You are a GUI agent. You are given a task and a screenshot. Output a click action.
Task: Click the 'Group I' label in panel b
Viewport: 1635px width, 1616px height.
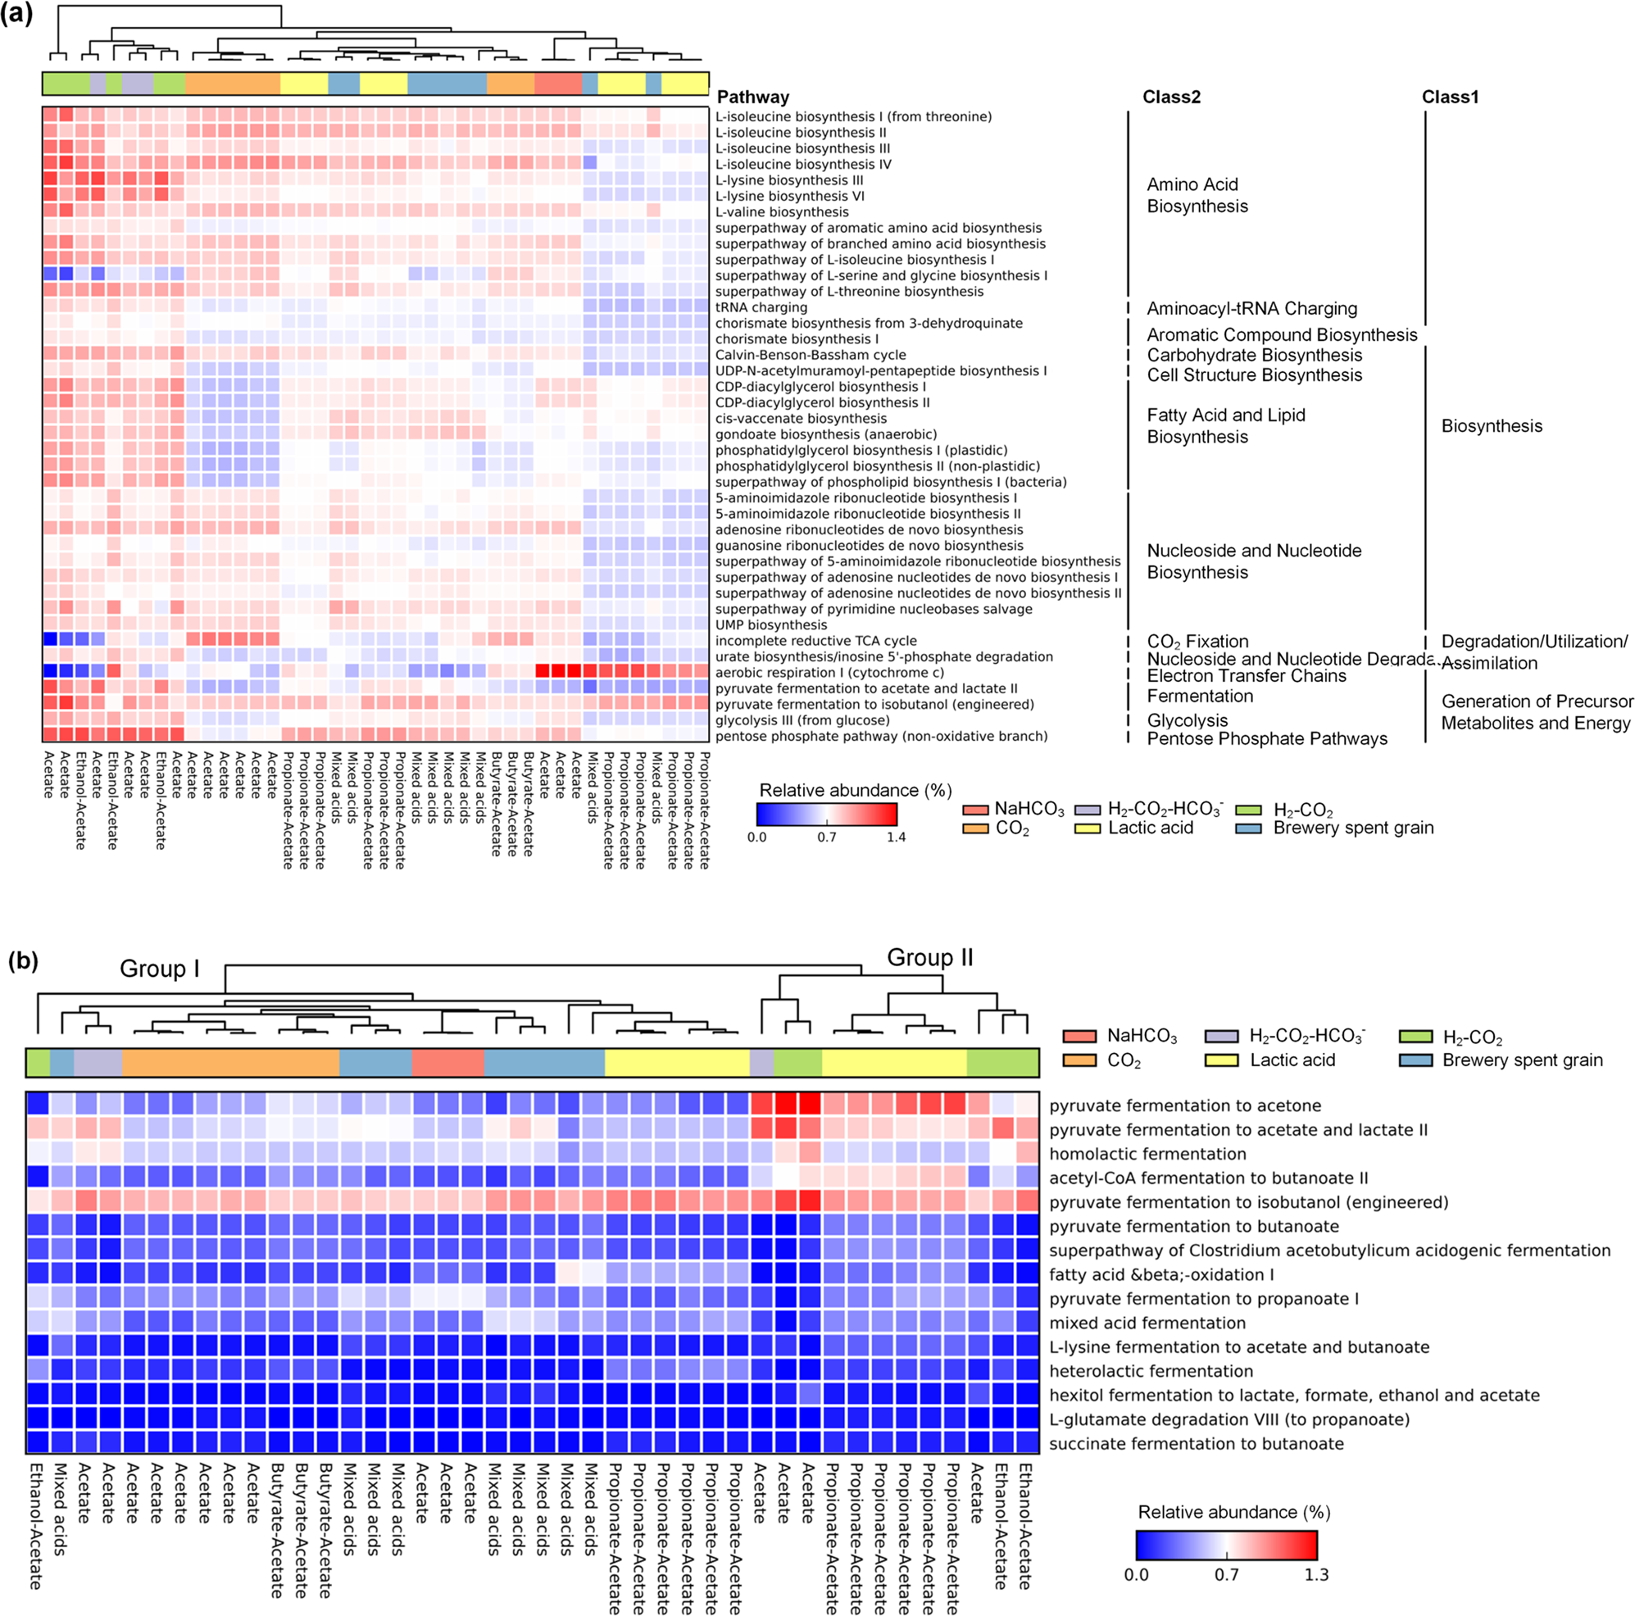point(159,969)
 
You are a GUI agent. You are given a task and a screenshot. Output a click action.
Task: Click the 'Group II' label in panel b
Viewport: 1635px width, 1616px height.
point(929,958)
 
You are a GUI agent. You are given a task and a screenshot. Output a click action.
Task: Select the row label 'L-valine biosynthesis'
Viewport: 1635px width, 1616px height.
point(781,212)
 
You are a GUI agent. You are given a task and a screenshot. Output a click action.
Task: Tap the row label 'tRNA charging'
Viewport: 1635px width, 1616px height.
point(761,308)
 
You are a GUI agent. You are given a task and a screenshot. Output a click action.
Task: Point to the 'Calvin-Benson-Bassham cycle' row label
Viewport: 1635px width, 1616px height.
point(810,356)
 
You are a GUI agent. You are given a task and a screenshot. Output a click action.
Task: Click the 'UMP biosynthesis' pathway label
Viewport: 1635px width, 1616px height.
point(771,625)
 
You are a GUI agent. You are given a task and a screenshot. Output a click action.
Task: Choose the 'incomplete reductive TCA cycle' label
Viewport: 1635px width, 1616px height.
point(815,642)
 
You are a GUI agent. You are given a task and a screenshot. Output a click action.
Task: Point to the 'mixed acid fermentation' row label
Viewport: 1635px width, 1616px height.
point(1147,1323)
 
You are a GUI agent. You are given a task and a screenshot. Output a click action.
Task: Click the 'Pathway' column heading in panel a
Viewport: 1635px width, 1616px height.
point(752,98)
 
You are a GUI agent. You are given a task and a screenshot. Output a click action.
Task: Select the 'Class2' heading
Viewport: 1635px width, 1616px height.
point(1171,98)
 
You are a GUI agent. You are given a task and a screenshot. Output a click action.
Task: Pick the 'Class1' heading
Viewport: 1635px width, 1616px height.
point(1450,98)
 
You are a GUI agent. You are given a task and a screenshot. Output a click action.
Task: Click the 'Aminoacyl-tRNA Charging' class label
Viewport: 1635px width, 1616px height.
point(1251,309)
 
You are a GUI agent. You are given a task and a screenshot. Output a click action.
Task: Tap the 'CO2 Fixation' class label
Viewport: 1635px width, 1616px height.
point(1197,642)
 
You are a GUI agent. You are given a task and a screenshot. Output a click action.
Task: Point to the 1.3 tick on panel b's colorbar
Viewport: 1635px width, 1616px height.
point(1316,1574)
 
